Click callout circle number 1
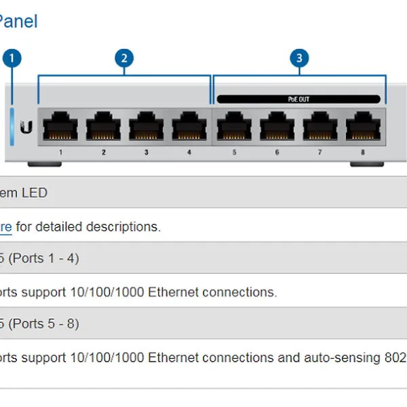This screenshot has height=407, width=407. (12, 58)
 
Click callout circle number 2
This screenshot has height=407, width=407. (123, 58)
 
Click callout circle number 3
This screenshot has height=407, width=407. (299, 58)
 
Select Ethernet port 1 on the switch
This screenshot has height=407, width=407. (60, 127)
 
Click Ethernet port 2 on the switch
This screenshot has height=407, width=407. (103, 127)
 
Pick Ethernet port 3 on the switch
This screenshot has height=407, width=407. (146, 127)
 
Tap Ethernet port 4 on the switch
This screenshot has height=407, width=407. (189, 127)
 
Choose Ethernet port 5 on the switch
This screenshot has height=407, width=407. (234, 127)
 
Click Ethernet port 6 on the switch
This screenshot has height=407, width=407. (277, 127)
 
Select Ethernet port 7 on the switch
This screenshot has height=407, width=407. (319, 127)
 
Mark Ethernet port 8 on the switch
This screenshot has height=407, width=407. (362, 127)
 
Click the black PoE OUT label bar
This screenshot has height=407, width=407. (298, 99)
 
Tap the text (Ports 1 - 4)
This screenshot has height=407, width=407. (43, 258)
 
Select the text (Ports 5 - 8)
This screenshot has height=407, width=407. (43, 324)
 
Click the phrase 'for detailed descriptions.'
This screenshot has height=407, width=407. (88, 227)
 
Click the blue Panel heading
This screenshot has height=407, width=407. (18, 21)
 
